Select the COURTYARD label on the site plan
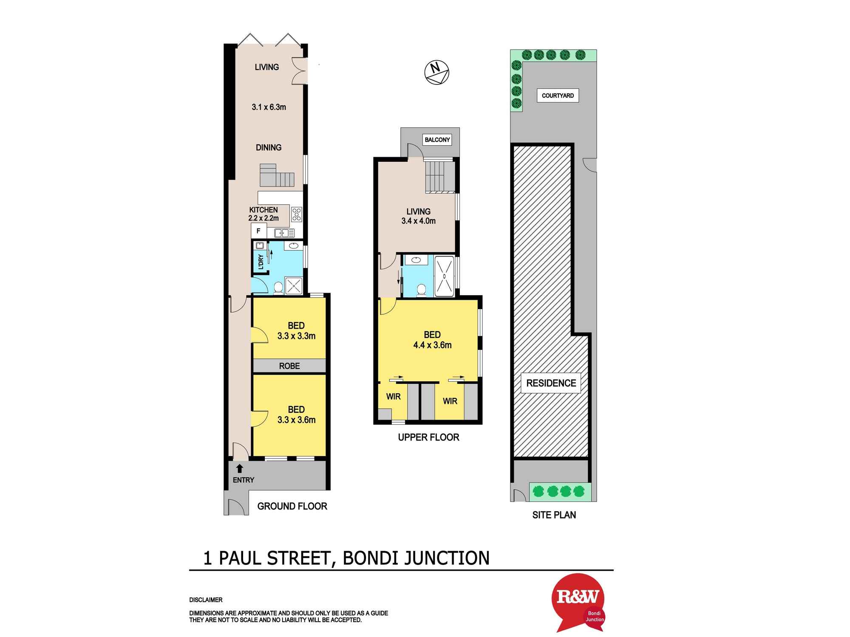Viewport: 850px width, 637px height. [x=558, y=96]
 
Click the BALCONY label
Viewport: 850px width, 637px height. [x=437, y=140]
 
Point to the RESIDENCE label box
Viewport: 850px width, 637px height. [x=551, y=383]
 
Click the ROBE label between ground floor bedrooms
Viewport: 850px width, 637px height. [x=289, y=366]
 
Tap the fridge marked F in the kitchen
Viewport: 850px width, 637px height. [x=258, y=231]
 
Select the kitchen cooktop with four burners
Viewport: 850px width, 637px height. [x=297, y=214]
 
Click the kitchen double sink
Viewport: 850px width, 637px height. [x=284, y=233]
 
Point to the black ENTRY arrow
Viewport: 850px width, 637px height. [x=240, y=468]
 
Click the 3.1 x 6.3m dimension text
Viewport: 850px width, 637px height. [x=269, y=107]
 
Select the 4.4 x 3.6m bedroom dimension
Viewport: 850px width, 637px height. [x=432, y=345]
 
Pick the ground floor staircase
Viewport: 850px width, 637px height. [x=277, y=175]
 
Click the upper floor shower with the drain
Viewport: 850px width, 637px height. [x=444, y=276]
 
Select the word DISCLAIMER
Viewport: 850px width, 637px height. [x=206, y=600]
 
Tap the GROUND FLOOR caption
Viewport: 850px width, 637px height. [x=292, y=506]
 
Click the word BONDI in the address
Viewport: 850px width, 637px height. [x=370, y=558]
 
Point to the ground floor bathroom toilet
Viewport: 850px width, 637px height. [x=278, y=287]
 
